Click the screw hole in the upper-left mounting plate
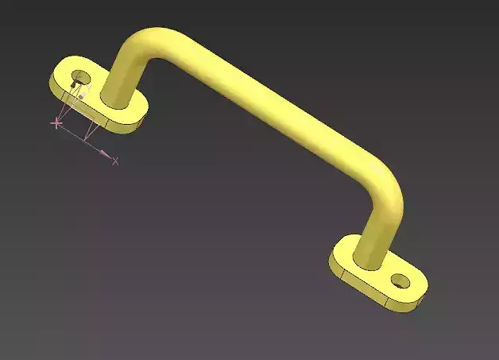(x=79, y=77)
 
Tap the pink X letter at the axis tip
(x=116, y=161)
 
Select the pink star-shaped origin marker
(x=56, y=123)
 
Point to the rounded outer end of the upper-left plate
(x=56, y=79)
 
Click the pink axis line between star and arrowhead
(x=79, y=137)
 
